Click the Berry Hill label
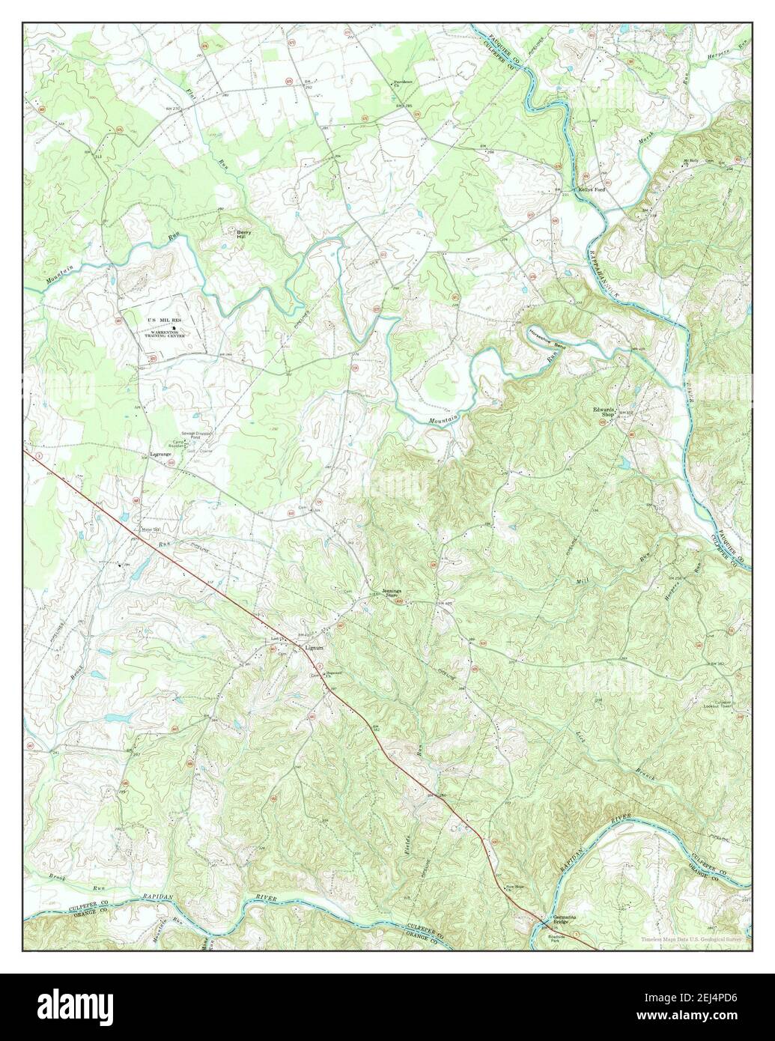[243, 234]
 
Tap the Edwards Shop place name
[604, 413]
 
